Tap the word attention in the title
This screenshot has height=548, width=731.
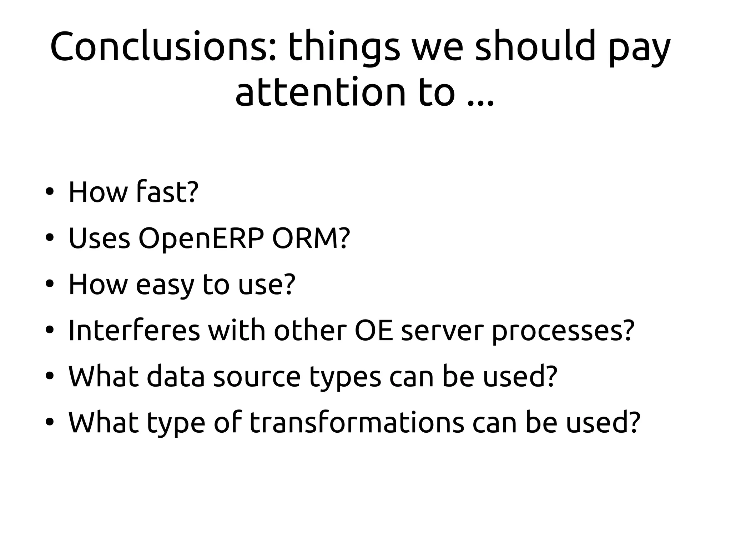pyautogui.click(x=320, y=92)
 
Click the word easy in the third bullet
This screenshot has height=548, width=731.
pyautogui.click(x=165, y=285)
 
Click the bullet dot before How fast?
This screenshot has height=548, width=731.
pyautogui.click(x=49, y=193)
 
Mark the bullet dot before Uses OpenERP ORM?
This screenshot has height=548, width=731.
pyautogui.click(x=49, y=238)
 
